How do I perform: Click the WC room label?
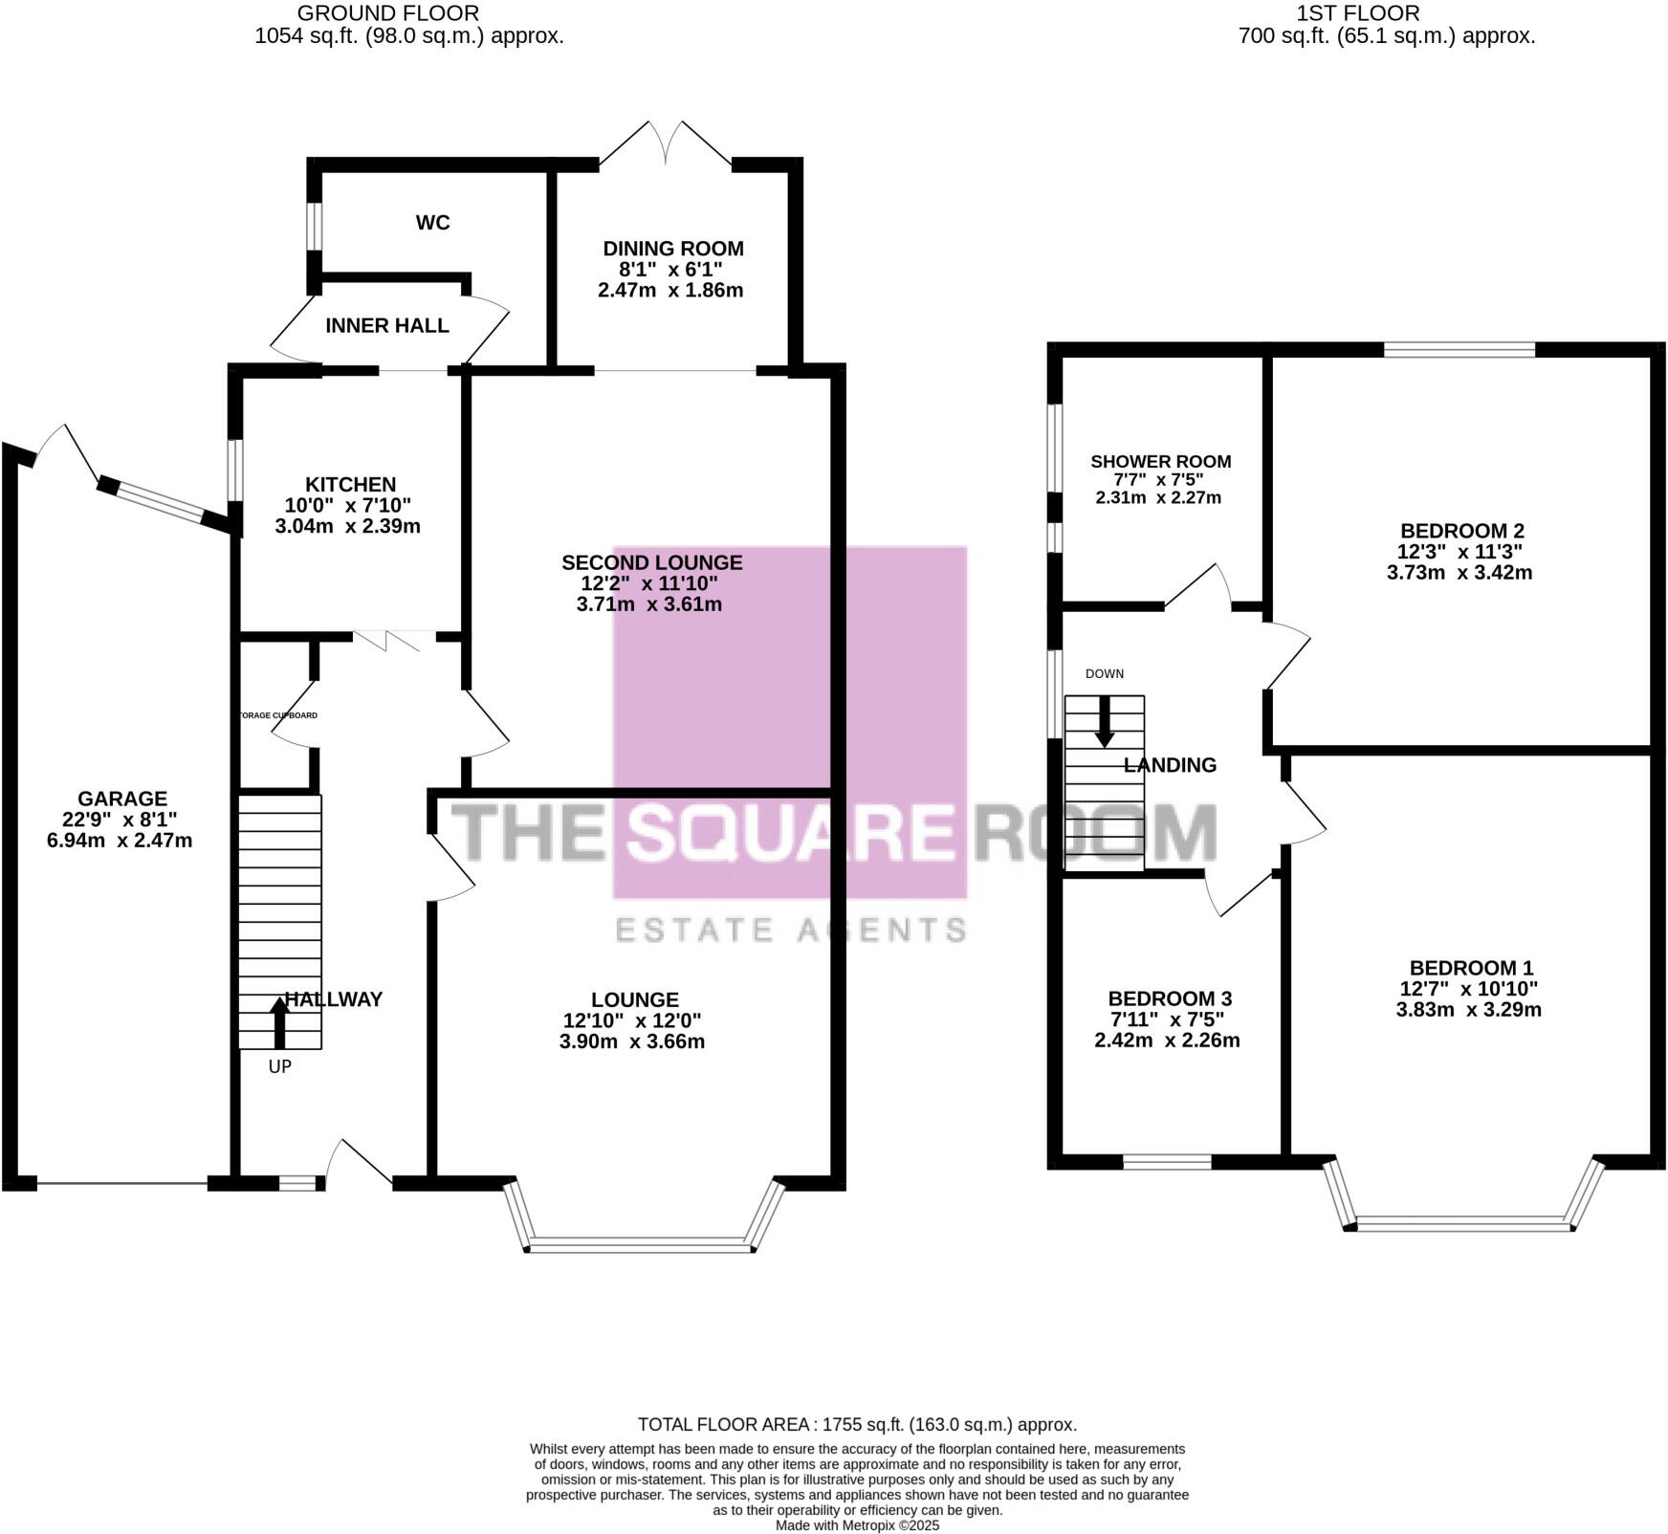click(432, 223)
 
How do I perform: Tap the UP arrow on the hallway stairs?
click(279, 1023)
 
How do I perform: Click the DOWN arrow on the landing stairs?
click(1104, 722)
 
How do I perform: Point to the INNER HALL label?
click(387, 326)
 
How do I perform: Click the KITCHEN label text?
click(350, 485)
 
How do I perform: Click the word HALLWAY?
click(334, 999)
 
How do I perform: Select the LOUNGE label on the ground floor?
click(634, 1000)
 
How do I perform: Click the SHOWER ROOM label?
click(1160, 462)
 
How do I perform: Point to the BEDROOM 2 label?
click(1461, 531)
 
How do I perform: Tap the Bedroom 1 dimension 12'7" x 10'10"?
click(1468, 989)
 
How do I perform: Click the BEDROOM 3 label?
click(1169, 999)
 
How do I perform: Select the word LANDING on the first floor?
click(1170, 765)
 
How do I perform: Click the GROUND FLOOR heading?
click(387, 13)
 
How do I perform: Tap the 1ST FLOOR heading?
click(1357, 13)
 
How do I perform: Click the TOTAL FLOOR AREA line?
click(857, 1424)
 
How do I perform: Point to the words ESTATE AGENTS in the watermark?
click(790, 930)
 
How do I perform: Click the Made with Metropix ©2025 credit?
click(857, 1525)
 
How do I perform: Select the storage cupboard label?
click(277, 715)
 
